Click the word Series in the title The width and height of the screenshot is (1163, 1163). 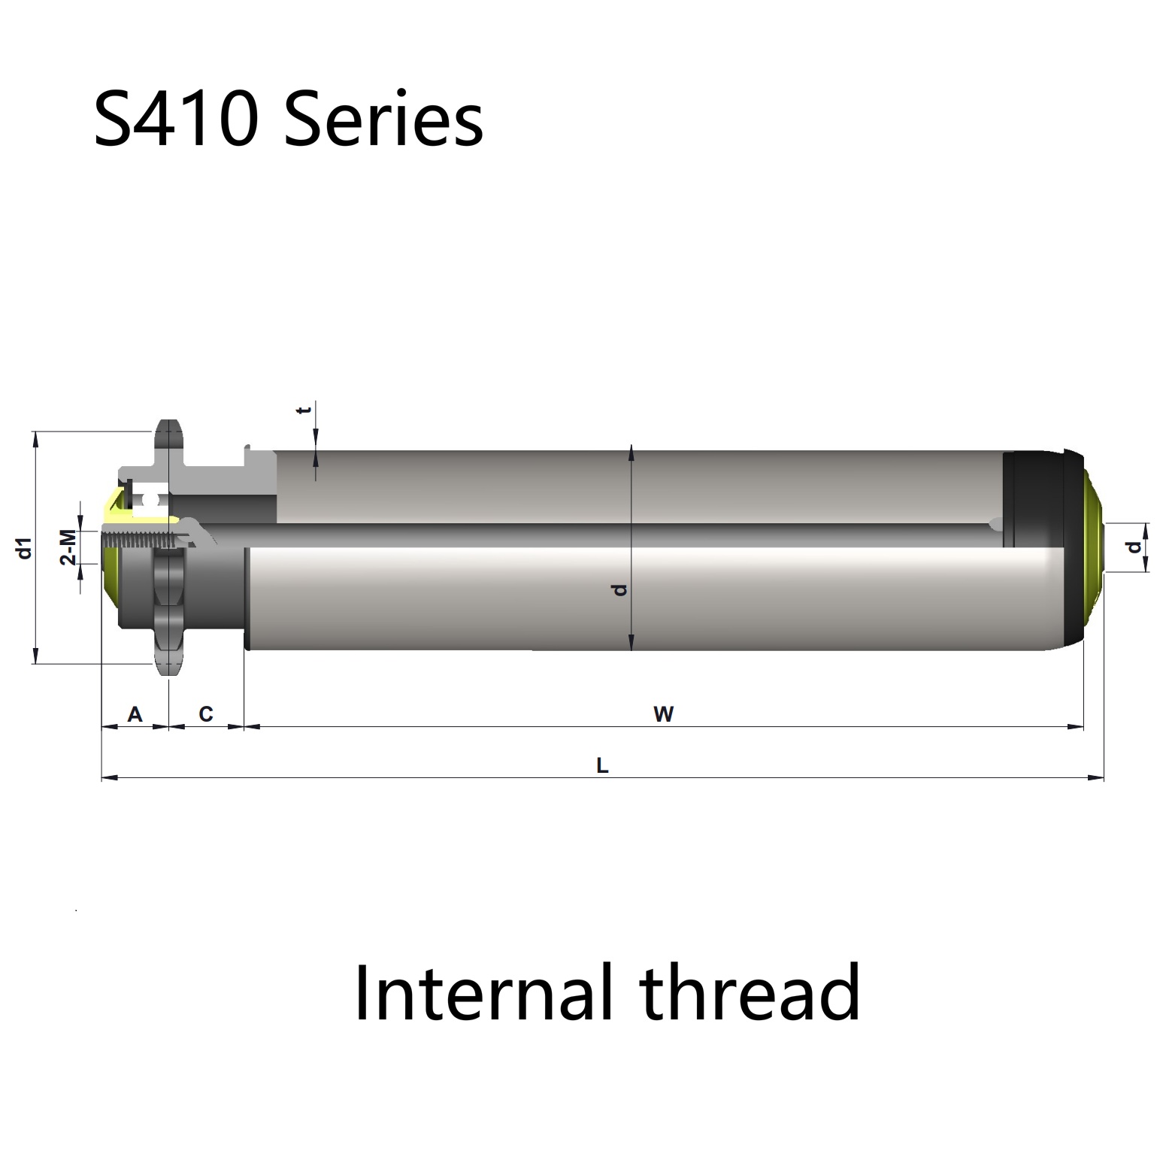click(x=383, y=119)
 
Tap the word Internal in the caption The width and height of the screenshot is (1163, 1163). click(x=482, y=992)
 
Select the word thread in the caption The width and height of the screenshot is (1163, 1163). click(x=750, y=992)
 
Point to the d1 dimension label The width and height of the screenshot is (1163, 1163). click(x=24, y=548)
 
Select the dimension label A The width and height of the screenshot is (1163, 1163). click(x=135, y=713)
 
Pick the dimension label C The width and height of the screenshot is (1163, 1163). click(x=206, y=713)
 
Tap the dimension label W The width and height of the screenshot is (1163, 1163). click(x=663, y=713)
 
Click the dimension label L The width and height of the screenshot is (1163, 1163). click(x=602, y=766)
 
